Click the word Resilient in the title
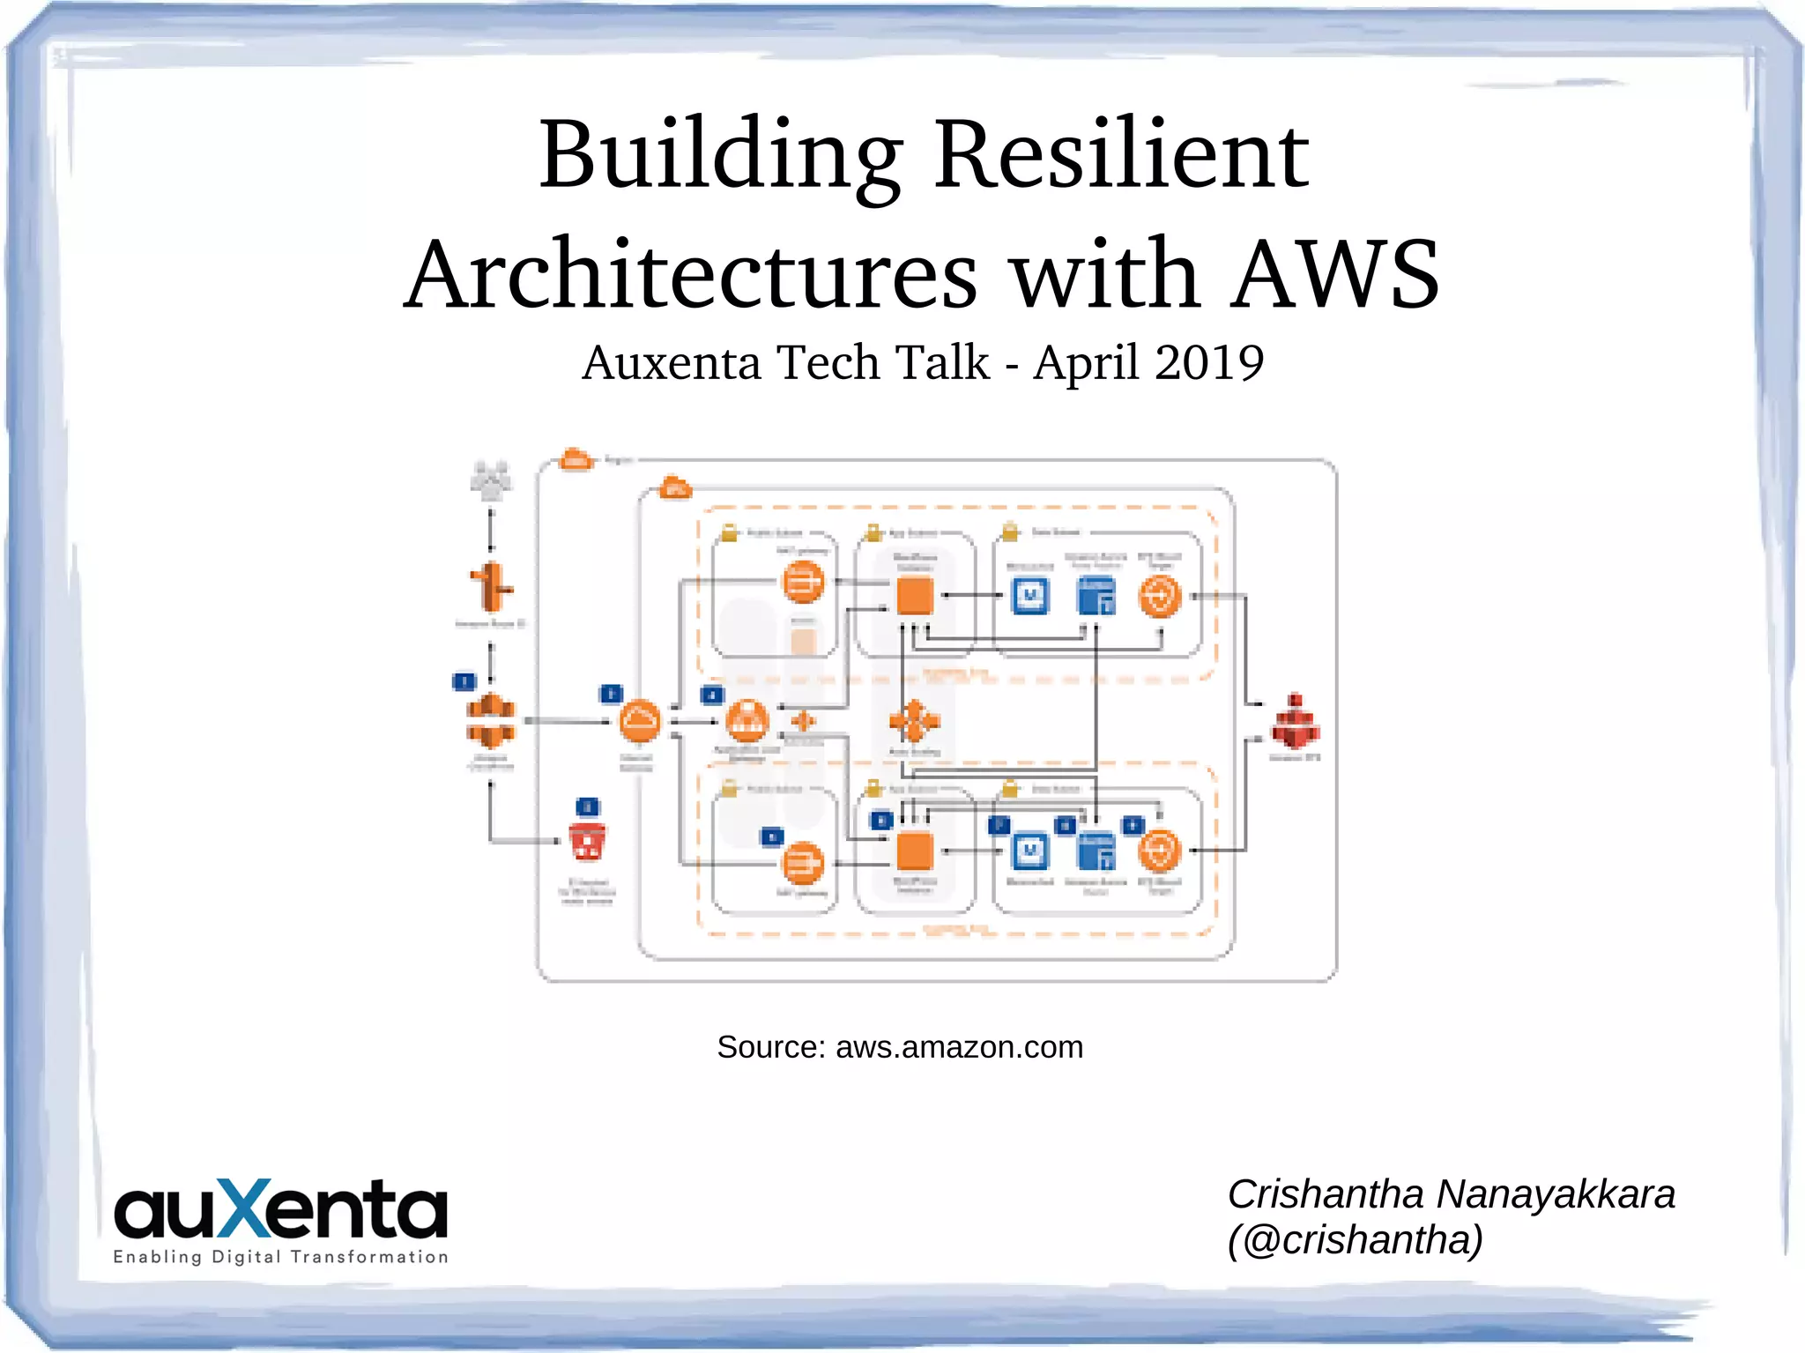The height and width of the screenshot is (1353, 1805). coord(1121,156)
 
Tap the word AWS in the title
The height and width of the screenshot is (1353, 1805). coord(1335,275)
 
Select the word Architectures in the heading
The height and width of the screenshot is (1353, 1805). coord(691,275)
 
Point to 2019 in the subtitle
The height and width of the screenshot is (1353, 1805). coord(1209,362)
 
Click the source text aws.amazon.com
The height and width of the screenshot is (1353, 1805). coord(959,1047)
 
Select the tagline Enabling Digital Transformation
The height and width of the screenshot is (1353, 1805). coord(280,1257)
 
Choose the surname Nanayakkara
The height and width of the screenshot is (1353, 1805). coord(1556,1194)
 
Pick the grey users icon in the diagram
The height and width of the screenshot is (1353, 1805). coord(491,480)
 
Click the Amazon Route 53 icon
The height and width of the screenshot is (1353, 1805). coord(491,586)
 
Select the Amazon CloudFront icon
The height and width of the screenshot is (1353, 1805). coord(490,720)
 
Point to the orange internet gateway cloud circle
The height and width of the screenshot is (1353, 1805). coord(639,722)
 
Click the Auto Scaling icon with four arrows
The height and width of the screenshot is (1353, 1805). coord(914,722)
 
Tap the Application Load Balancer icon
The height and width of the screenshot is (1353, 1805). coord(747,721)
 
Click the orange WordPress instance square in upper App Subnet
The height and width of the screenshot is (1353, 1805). coord(915,596)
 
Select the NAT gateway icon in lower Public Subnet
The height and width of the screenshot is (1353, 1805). coord(802,864)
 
